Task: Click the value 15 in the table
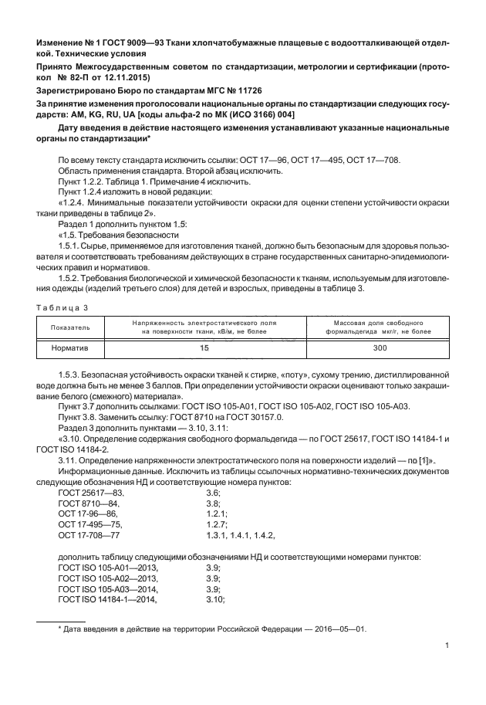[204, 349]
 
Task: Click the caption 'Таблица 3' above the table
[62, 307]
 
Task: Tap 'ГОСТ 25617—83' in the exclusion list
[90, 493]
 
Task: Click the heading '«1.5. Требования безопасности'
[108, 233]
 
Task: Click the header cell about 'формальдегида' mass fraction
[377, 327]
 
